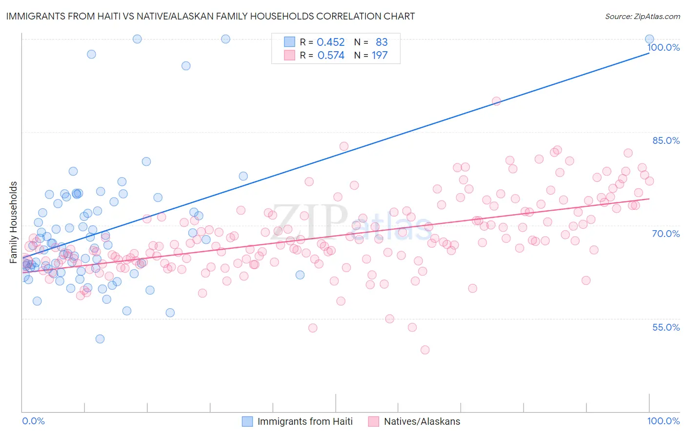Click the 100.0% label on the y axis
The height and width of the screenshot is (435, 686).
(663, 47)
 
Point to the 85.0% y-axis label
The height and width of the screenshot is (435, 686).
(666, 140)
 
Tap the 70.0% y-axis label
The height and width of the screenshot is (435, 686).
(666, 234)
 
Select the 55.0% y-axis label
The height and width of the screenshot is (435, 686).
(666, 327)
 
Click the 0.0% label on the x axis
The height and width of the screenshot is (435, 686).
(33, 421)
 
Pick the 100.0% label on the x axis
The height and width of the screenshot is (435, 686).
(663, 421)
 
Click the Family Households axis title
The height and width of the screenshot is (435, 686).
(14, 222)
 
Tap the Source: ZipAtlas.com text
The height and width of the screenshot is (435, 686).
(642, 16)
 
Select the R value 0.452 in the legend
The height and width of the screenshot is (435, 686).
(330, 42)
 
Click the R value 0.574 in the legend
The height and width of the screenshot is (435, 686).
(330, 56)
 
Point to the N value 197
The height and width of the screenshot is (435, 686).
(380, 56)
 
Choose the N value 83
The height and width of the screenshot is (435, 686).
(382, 42)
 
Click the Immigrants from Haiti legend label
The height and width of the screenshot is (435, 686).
(305, 421)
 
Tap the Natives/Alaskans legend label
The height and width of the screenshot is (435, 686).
(422, 421)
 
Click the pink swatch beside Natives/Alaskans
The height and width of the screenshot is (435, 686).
(374, 421)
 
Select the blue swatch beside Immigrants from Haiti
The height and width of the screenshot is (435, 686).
(247, 421)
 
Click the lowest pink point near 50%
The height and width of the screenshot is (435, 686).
(425, 350)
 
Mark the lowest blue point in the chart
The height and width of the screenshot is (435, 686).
(100, 339)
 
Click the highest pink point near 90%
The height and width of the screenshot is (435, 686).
(496, 101)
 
